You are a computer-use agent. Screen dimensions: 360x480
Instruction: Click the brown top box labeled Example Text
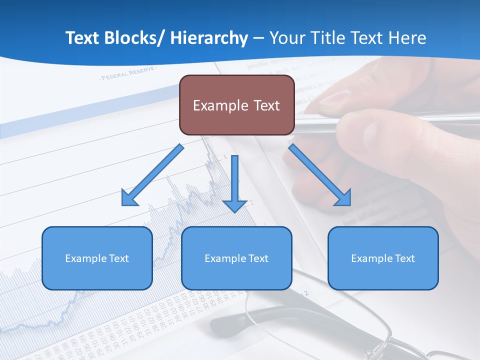236,105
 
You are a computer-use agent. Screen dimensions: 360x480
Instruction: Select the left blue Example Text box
97,258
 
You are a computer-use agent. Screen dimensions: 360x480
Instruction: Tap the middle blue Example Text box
236,258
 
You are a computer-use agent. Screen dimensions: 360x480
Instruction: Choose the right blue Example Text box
383,258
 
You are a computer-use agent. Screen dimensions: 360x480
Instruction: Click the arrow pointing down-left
152,175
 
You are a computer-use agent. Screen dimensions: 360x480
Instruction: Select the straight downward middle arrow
235,182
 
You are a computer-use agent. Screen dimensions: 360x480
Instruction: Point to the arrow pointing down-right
320,175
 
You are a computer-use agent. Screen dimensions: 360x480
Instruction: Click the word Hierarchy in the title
209,38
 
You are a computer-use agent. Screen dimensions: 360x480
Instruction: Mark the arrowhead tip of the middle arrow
235,212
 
